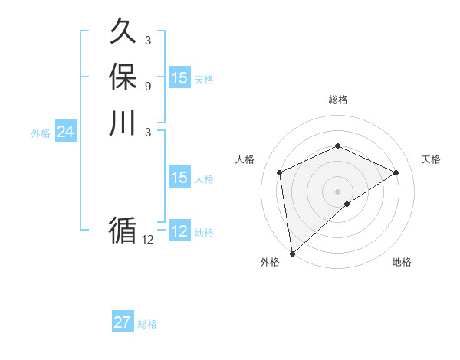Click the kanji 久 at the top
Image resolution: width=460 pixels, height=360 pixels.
(123, 32)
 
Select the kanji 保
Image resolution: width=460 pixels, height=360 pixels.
(123, 77)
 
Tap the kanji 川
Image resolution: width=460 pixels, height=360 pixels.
(123, 123)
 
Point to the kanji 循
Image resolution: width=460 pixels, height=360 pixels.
(123, 231)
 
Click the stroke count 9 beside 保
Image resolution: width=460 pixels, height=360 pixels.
(147, 86)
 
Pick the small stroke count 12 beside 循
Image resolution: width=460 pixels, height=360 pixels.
(147, 240)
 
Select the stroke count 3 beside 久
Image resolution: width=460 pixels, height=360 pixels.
(147, 40)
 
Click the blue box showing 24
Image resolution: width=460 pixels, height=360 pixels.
(65, 133)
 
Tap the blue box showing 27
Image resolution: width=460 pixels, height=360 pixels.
(122, 322)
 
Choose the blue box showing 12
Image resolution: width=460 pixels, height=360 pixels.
(179, 231)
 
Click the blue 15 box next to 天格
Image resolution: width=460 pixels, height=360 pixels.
(179, 78)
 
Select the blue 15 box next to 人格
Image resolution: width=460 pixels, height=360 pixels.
(179, 178)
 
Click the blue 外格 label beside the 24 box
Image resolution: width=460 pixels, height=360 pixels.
(41, 133)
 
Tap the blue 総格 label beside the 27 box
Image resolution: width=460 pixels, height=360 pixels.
(147, 324)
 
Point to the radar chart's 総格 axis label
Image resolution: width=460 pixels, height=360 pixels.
(337, 100)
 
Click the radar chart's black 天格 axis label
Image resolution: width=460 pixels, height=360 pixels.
(431, 159)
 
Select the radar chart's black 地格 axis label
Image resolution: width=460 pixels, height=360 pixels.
(402, 262)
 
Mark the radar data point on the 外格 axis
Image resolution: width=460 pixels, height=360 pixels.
(292, 253)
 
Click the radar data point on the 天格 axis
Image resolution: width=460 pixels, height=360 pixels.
(396, 172)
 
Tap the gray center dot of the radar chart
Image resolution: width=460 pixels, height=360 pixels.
(337, 191)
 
